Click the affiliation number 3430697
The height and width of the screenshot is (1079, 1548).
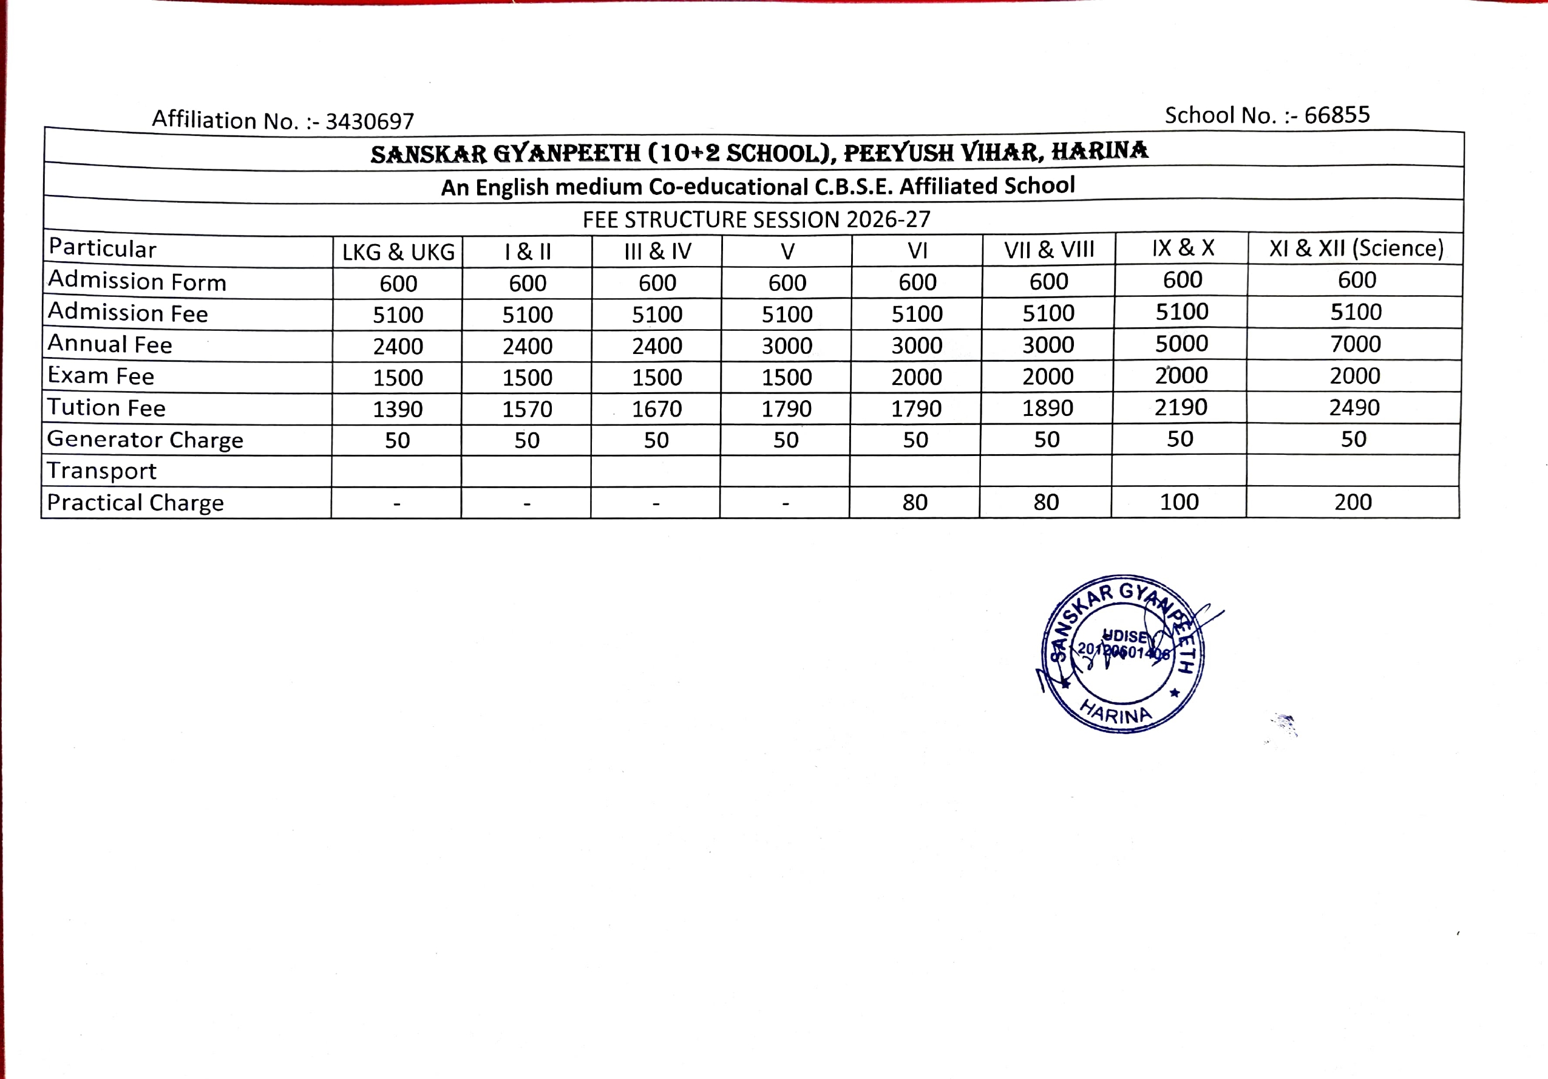coord(370,121)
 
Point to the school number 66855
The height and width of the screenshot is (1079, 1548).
coord(1337,115)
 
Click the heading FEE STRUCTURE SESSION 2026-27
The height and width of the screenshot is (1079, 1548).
coord(756,219)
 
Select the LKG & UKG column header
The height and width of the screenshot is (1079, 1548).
coord(398,252)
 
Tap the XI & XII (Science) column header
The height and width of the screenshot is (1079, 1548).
coord(1356,249)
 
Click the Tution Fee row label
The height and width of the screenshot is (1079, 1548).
coord(106,408)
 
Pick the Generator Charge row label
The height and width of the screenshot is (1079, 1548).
coord(145,440)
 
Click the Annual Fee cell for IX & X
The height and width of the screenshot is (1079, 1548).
coord(1181,344)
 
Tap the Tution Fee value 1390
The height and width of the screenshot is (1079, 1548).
coord(398,409)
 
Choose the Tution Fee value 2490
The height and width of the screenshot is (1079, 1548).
coord(1354,407)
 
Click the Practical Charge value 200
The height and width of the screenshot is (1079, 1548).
coord(1353,502)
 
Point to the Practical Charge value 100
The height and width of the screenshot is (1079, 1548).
coord(1179,502)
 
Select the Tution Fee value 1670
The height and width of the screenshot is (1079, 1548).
coord(657,409)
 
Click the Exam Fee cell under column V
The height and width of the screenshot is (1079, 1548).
coord(786,378)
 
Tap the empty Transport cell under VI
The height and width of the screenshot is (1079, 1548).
coord(915,471)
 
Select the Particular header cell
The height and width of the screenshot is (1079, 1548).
coord(103,249)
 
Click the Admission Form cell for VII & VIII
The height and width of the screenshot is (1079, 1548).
coord(1048,282)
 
